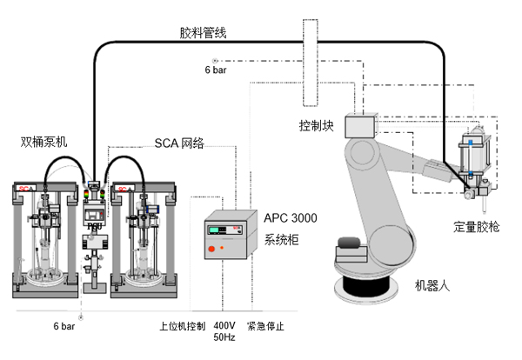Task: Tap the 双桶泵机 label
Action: pyautogui.click(x=45, y=141)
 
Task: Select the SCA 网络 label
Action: pyautogui.click(x=179, y=143)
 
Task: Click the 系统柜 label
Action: pyautogui.click(x=279, y=239)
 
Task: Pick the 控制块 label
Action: pyautogui.click(x=318, y=124)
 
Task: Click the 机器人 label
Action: pyautogui.click(x=428, y=284)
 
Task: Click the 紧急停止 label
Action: pyautogui.click(x=266, y=327)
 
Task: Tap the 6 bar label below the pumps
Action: pyautogui.click(x=64, y=327)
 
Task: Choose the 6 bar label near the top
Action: pyautogui.click(x=217, y=69)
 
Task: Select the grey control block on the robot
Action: pyautogui.click(x=358, y=127)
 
